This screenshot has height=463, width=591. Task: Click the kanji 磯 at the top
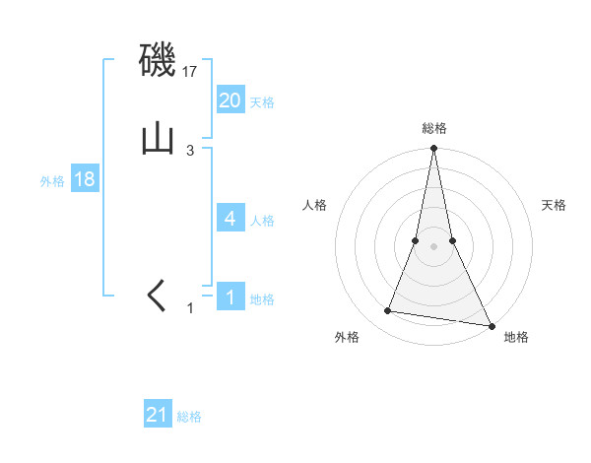158,62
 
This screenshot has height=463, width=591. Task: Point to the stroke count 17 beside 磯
190,72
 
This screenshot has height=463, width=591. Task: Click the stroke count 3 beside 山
190,150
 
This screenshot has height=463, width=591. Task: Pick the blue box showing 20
230,100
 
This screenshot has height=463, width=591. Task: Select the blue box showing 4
230,219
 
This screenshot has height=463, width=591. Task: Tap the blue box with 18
85,180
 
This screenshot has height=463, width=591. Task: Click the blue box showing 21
158,415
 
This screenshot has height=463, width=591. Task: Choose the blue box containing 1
230,297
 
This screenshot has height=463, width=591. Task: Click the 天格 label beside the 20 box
262,102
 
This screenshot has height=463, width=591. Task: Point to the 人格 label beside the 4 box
262,221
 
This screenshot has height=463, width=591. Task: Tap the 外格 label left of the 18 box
52,181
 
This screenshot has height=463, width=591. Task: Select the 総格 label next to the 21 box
189,417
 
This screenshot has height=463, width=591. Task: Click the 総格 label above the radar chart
433,128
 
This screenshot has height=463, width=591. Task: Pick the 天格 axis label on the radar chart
554,205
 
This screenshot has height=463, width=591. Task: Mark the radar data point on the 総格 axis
433,149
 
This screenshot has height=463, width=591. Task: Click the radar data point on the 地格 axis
491,325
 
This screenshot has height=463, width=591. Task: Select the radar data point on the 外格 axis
388,311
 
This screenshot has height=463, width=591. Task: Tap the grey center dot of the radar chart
433,246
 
